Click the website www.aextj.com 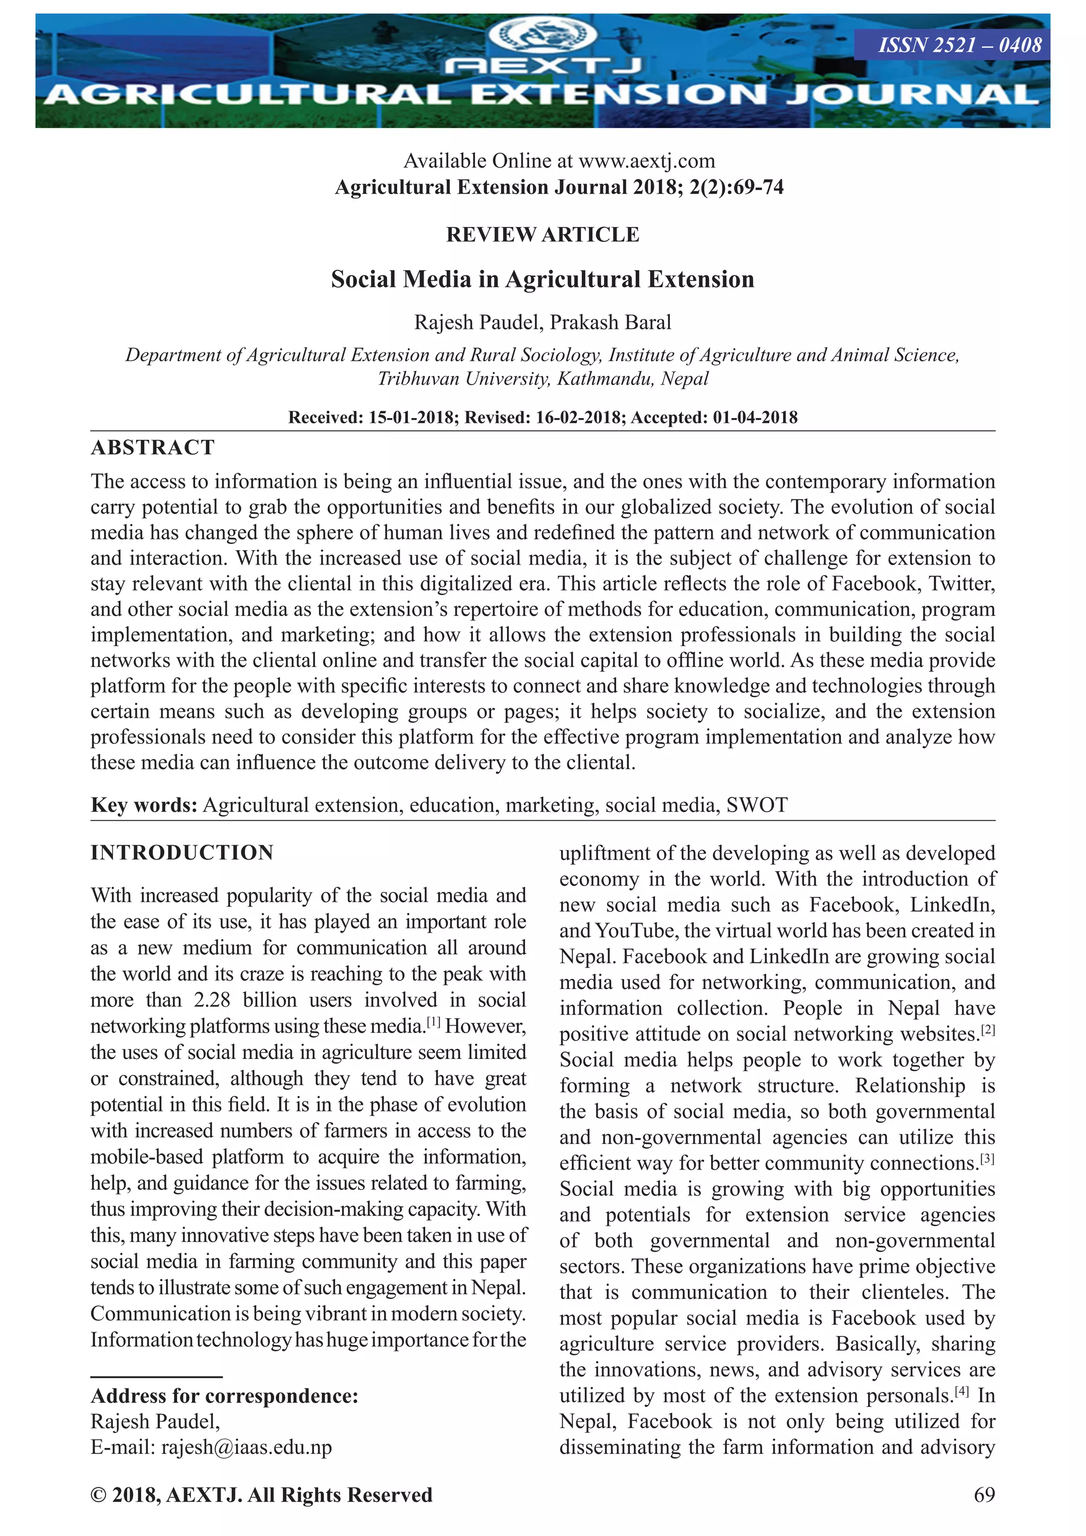pyautogui.click(x=646, y=161)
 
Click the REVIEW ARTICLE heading pyautogui.click(x=542, y=235)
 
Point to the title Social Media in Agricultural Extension pyautogui.click(x=542, y=279)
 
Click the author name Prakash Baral pyautogui.click(x=610, y=323)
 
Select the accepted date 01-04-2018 pyautogui.click(x=755, y=418)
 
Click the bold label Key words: pyautogui.click(x=144, y=805)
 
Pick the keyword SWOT pyautogui.click(x=757, y=805)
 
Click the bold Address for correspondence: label pyautogui.click(x=225, y=1396)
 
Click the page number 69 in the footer pyautogui.click(x=984, y=1495)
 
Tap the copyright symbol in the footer pyautogui.click(x=98, y=1495)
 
